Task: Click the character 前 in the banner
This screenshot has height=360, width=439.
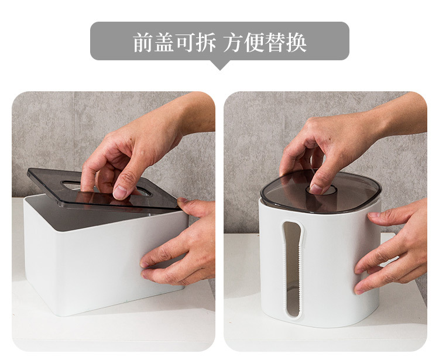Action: point(143,42)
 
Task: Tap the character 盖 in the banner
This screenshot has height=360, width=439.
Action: point(164,42)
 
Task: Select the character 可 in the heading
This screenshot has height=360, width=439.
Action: point(185,42)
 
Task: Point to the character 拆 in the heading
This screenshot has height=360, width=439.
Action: point(206,42)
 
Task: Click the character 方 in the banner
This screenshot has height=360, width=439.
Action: point(233,42)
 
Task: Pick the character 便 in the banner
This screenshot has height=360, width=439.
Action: point(254,42)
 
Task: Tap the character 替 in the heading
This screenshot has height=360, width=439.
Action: point(275,42)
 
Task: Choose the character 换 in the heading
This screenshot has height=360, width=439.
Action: point(296,42)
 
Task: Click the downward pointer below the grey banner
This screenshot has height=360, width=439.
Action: point(220,65)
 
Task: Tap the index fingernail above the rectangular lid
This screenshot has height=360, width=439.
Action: point(121,193)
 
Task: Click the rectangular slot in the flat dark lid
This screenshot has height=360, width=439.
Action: point(107,188)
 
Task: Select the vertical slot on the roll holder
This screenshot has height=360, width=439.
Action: point(293,269)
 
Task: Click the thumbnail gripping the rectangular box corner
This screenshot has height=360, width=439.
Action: point(182,200)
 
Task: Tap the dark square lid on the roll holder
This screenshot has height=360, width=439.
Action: point(321,191)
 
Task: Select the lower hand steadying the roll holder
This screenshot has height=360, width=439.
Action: point(392,246)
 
